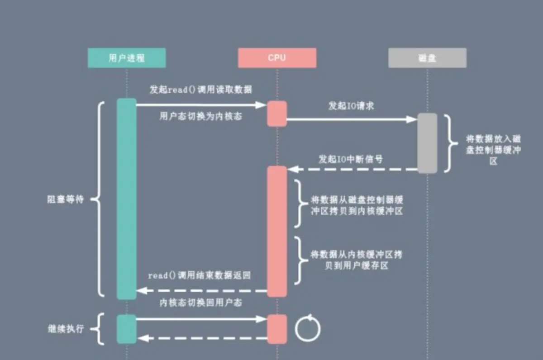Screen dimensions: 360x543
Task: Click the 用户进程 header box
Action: [x=127, y=58]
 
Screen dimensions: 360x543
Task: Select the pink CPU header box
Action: [x=277, y=58]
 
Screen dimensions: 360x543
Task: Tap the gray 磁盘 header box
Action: [x=427, y=58]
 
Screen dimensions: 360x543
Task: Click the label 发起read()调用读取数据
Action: [x=201, y=90]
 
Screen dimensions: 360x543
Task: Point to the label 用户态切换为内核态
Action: [x=201, y=117]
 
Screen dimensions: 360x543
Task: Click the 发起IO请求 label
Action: [x=351, y=107]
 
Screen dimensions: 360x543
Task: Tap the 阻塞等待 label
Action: [x=66, y=199]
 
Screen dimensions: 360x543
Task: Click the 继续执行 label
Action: [x=66, y=329]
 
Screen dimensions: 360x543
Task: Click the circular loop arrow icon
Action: [x=308, y=328]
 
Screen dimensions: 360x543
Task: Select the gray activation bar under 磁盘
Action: [x=427, y=143]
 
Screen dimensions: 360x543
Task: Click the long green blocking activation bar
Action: [x=127, y=199]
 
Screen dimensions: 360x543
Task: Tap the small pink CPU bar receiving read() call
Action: [x=277, y=114]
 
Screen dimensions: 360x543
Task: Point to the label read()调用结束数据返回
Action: [x=199, y=275]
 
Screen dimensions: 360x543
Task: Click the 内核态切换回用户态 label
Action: [x=201, y=303]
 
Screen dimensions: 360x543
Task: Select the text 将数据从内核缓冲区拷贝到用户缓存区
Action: [x=357, y=260]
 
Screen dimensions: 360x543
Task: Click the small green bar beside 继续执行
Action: [x=127, y=329]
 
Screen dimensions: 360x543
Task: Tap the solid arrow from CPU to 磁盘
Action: [x=351, y=119]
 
